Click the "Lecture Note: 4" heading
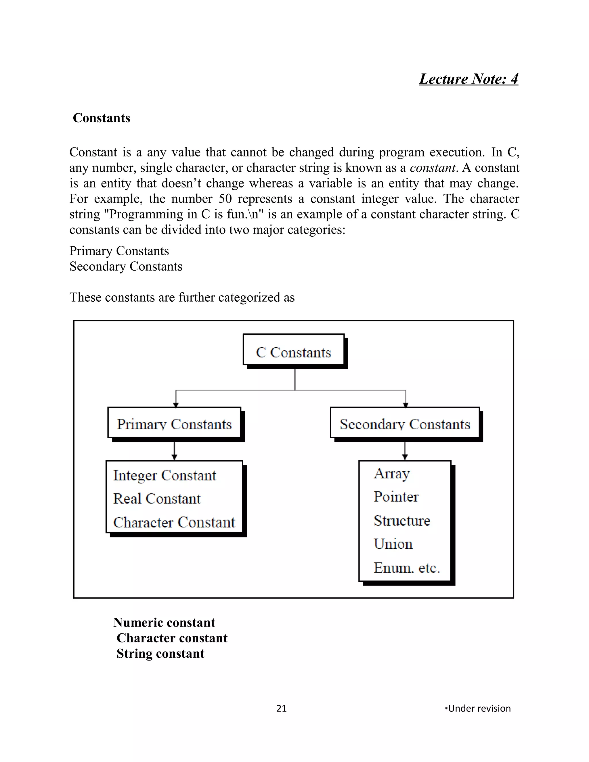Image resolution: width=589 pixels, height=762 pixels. tap(468, 79)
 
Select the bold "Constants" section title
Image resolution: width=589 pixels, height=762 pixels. tap(101, 118)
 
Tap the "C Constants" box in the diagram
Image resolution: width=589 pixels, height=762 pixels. tap(293, 353)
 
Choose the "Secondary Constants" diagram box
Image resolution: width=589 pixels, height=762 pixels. tap(405, 424)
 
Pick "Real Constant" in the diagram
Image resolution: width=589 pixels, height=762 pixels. tap(157, 499)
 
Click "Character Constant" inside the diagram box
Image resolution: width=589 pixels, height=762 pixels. tap(174, 522)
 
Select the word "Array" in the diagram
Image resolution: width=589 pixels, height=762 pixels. tap(391, 474)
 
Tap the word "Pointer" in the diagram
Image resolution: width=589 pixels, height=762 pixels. tap(396, 497)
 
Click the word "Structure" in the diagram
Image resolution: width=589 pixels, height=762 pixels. tap(401, 520)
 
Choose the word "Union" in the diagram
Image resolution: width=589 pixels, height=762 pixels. tap(393, 544)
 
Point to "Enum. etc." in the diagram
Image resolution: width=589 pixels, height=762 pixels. tap(406, 568)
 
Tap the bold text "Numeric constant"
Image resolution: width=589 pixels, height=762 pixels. tap(164, 623)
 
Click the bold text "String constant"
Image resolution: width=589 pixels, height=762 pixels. tap(160, 654)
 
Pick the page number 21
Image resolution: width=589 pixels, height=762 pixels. tap(281, 708)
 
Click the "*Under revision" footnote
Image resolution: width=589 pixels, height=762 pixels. tap(478, 708)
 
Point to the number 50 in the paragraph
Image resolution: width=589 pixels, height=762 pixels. tap(225, 198)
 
